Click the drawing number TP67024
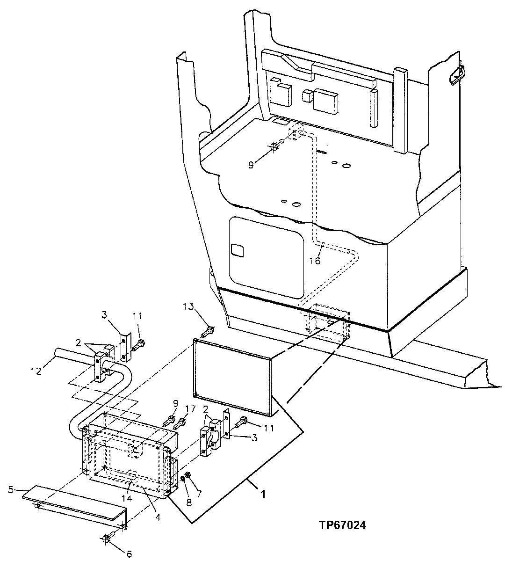coord(340,525)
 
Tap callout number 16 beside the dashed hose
coord(315,261)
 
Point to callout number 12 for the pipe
coord(36,371)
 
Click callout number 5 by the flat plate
coord(11,490)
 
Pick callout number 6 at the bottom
coord(129,554)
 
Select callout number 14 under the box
coord(198,494)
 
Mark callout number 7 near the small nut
coord(198,494)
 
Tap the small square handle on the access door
coord(238,250)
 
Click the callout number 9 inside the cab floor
coord(251,165)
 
